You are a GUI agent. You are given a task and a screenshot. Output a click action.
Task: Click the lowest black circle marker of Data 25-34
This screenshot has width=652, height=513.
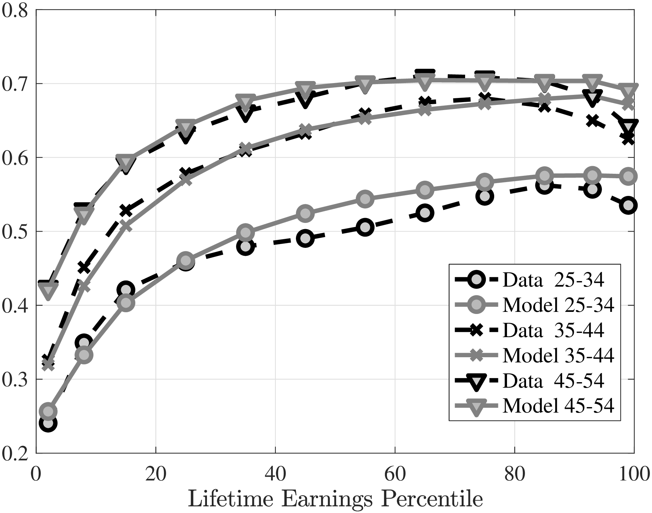point(48,423)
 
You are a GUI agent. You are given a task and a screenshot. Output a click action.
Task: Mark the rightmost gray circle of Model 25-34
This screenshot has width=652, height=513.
point(628,176)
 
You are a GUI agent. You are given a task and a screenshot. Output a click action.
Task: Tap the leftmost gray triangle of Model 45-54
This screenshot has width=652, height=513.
point(48,290)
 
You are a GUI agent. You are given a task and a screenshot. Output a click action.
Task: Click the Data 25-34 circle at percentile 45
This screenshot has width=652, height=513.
point(305,238)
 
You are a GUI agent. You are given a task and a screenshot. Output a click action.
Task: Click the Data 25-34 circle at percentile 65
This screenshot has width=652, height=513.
point(425,213)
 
